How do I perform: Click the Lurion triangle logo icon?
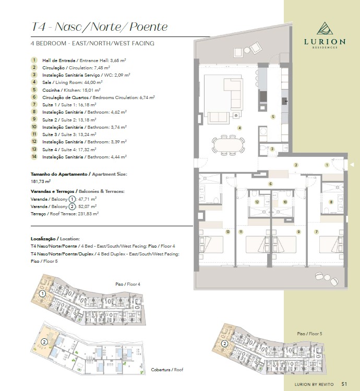[x=325, y=28]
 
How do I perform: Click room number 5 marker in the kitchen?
[x=273, y=117]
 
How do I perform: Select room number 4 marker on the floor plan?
[x=239, y=128]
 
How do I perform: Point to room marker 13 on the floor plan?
[x=228, y=232]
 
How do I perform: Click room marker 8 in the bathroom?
[x=331, y=202]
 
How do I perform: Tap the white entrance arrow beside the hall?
[x=352, y=165]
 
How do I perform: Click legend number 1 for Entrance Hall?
[x=34, y=60]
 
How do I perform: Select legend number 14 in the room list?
[x=34, y=156]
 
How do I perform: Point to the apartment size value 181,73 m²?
[x=41, y=181]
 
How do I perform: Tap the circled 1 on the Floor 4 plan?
[x=42, y=294]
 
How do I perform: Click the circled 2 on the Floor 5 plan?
[x=224, y=344]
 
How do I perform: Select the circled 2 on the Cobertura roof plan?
[x=44, y=341]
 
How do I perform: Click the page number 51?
[x=344, y=384]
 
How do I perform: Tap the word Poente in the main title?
[x=149, y=27]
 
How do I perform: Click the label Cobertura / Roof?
[x=167, y=370]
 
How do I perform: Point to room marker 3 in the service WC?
[x=272, y=149]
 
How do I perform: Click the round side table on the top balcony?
[x=247, y=51]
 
